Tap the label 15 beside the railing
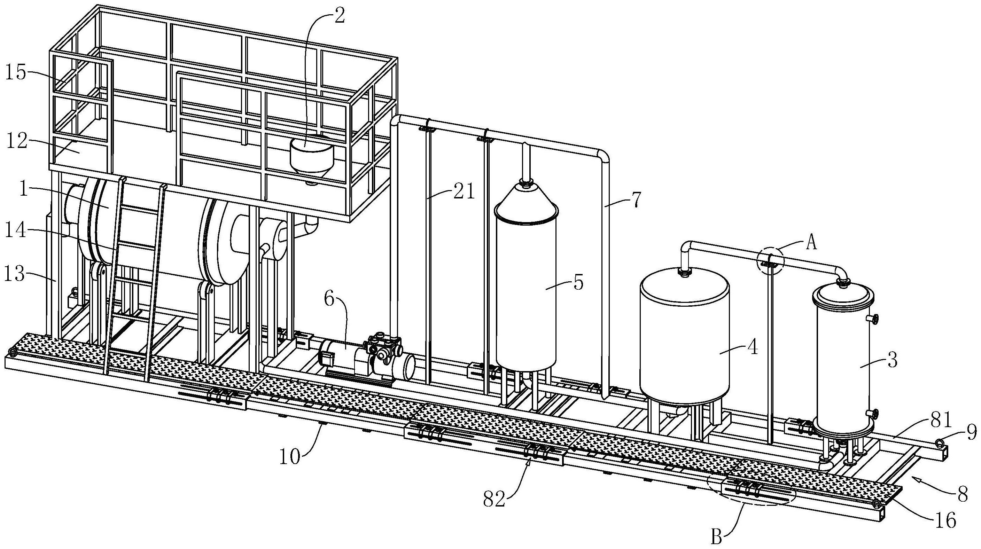tap(16, 72)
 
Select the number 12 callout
tap(16, 142)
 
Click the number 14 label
tap(16, 231)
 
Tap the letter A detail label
tap(811, 243)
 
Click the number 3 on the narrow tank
tap(892, 360)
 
